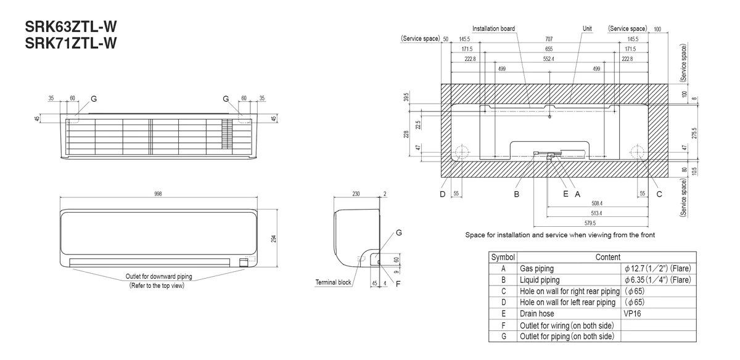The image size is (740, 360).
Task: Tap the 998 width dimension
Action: (x=159, y=194)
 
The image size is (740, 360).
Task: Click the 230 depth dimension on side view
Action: (x=356, y=194)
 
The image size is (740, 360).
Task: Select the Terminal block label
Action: (x=333, y=282)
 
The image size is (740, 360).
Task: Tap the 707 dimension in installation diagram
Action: (x=549, y=39)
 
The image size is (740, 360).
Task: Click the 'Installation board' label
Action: (x=493, y=28)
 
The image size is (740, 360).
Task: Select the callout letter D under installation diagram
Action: (x=442, y=194)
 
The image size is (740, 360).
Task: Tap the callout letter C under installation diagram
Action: (x=659, y=194)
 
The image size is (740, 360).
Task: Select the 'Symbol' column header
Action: (x=503, y=257)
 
